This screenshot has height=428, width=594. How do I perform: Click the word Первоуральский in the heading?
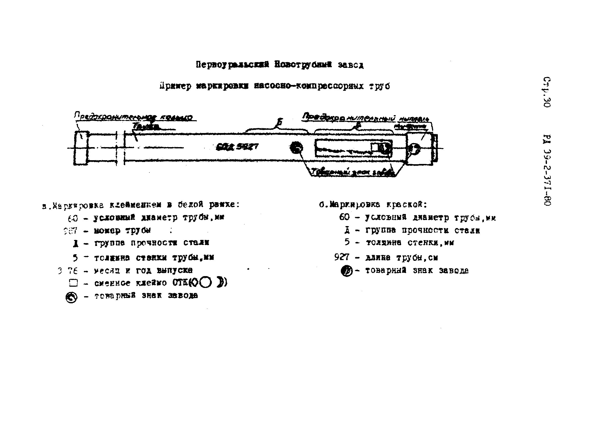(x=232, y=65)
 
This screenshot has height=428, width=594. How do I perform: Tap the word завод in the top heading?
(x=350, y=65)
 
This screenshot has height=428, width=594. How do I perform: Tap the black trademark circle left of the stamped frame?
(x=296, y=148)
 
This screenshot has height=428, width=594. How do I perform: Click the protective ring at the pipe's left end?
(x=81, y=148)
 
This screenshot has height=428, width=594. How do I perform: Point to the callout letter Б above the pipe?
(x=280, y=122)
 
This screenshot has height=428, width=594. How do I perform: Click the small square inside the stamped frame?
(x=374, y=147)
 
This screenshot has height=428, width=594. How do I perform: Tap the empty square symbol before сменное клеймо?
(x=73, y=283)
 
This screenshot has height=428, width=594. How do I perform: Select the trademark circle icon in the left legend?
(x=71, y=297)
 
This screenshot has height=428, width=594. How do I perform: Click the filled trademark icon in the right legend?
(x=347, y=271)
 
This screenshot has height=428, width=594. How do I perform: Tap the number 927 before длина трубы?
(x=342, y=257)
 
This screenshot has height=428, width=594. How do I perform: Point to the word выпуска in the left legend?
(x=175, y=270)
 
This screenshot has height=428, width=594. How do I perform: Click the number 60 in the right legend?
(x=344, y=217)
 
